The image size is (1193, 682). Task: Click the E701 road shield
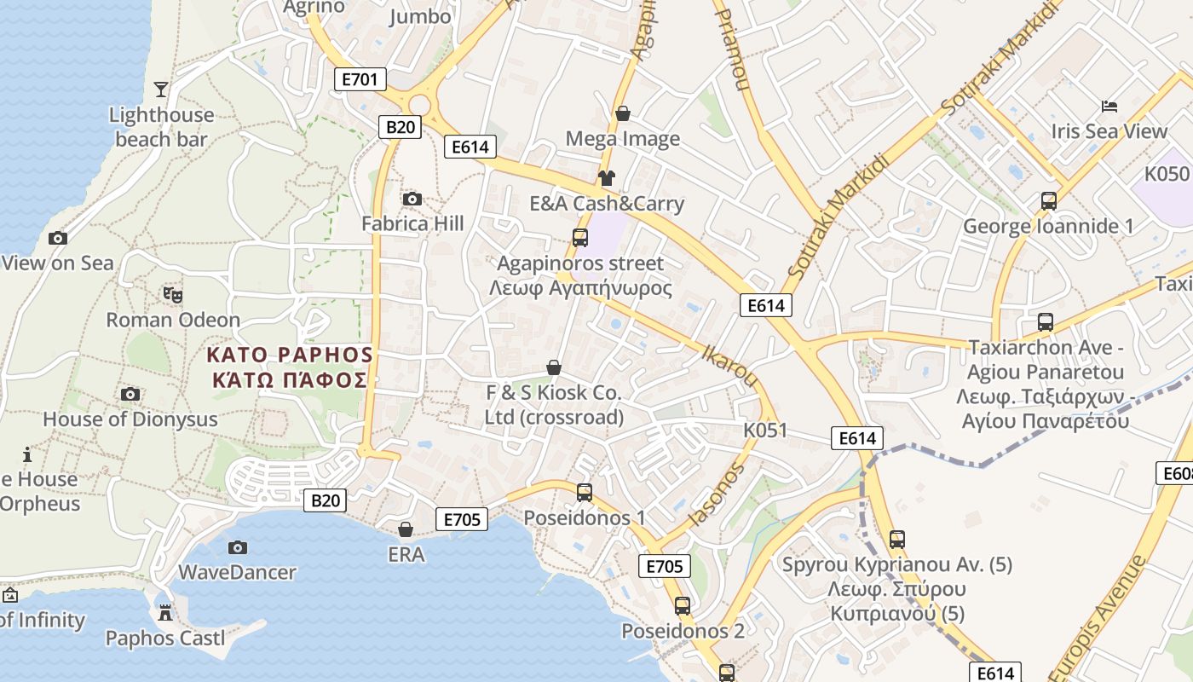point(360,80)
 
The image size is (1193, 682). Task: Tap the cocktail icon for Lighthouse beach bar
point(161,89)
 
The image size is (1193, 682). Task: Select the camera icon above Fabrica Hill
point(412,199)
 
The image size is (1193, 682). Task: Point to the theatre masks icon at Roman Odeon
point(173,295)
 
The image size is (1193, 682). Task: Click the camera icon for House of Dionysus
point(130,394)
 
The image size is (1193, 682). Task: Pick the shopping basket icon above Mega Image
point(623,113)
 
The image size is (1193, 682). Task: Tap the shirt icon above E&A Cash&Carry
point(606,178)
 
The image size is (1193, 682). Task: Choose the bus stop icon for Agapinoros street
point(580,238)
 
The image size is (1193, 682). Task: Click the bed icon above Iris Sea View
point(1109,107)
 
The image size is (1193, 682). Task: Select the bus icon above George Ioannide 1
point(1049,201)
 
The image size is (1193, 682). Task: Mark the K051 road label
point(765,430)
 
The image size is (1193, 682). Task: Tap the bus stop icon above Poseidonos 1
point(585,492)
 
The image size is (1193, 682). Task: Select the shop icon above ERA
point(406,529)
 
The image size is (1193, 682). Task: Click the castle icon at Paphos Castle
point(165,612)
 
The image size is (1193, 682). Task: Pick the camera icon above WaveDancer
point(238,547)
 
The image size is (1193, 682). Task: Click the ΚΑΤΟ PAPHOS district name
point(290,355)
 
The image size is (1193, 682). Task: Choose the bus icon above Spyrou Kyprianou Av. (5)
point(896,539)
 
